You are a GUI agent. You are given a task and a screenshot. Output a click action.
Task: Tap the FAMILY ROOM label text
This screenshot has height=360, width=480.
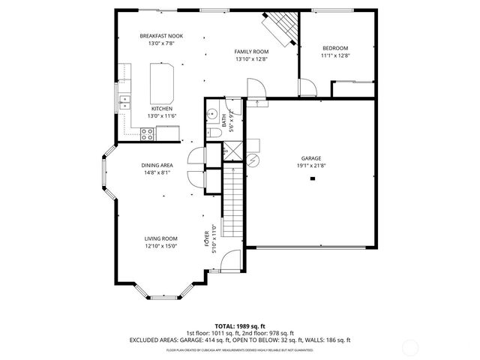click(251, 51)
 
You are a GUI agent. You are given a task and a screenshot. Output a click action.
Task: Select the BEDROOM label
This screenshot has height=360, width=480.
click(335, 48)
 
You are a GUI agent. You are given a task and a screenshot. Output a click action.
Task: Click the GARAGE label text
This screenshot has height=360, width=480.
click(311, 158)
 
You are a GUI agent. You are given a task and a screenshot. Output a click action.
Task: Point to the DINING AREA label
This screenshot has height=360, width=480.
click(157, 165)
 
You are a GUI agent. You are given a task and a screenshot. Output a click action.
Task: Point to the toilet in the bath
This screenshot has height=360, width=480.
click(213, 133)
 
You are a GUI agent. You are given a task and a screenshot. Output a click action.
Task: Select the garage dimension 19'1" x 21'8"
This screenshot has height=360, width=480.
click(311, 166)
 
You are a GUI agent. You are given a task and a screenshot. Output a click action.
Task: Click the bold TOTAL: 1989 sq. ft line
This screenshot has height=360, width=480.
click(239, 326)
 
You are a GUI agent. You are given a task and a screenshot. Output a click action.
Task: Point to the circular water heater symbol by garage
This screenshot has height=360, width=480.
click(253, 160)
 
